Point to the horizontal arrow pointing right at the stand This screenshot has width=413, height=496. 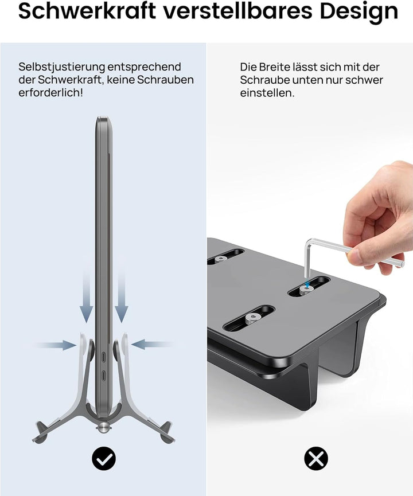[55, 345]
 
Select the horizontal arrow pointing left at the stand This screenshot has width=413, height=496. [151, 344]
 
